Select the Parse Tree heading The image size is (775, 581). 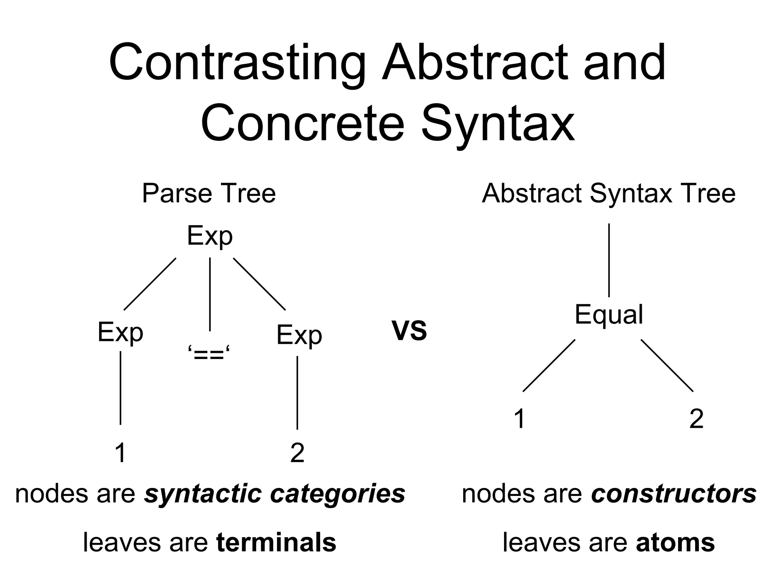[x=209, y=193]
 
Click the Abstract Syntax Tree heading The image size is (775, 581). [x=608, y=193]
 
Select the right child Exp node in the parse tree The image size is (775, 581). [x=299, y=336]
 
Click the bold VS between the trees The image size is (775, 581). [x=409, y=330]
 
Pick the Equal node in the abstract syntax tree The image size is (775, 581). [x=608, y=315]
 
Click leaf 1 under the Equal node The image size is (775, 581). [x=520, y=419]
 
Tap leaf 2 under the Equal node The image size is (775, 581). [x=696, y=419]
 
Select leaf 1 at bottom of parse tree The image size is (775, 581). [x=120, y=452]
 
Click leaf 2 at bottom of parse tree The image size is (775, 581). [x=297, y=452]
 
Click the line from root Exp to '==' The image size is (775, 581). [x=210, y=294]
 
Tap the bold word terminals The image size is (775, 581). [x=276, y=542]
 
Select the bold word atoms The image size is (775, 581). [x=675, y=542]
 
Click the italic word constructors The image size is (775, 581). [x=674, y=494]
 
